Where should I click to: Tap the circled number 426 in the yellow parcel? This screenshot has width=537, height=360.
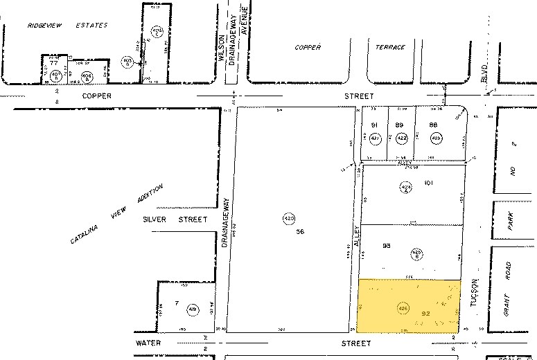point(403,307)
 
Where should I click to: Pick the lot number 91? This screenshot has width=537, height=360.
point(374,125)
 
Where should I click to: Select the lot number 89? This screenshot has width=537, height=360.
point(400,125)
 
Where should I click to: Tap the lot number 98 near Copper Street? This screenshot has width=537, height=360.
point(433,125)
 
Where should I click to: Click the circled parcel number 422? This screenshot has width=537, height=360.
point(400,138)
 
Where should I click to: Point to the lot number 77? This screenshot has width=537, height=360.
point(53,62)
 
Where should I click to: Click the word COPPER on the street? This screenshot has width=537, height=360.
point(97,96)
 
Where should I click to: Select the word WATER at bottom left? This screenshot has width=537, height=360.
point(149,342)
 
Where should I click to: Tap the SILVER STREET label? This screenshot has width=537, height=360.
point(175,219)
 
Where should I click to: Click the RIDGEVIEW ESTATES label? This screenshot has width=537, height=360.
point(68,25)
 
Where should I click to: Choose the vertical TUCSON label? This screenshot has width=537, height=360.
point(475,294)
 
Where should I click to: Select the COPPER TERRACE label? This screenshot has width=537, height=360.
point(349,47)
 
